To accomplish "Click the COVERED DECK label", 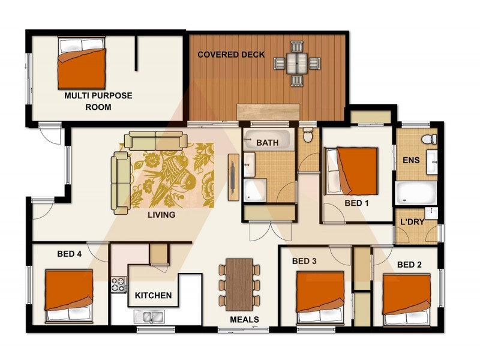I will (x=231, y=55).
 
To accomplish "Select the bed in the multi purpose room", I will (x=82, y=64).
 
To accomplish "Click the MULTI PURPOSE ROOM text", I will (x=98, y=101).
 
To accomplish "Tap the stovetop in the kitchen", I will (x=118, y=284).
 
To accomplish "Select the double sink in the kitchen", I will (x=148, y=316).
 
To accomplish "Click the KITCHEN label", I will (x=153, y=296).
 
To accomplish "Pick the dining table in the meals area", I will (x=239, y=284).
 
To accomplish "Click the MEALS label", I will (x=244, y=320).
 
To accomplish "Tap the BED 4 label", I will (x=69, y=254).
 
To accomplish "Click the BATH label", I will (x=267, y=143).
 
